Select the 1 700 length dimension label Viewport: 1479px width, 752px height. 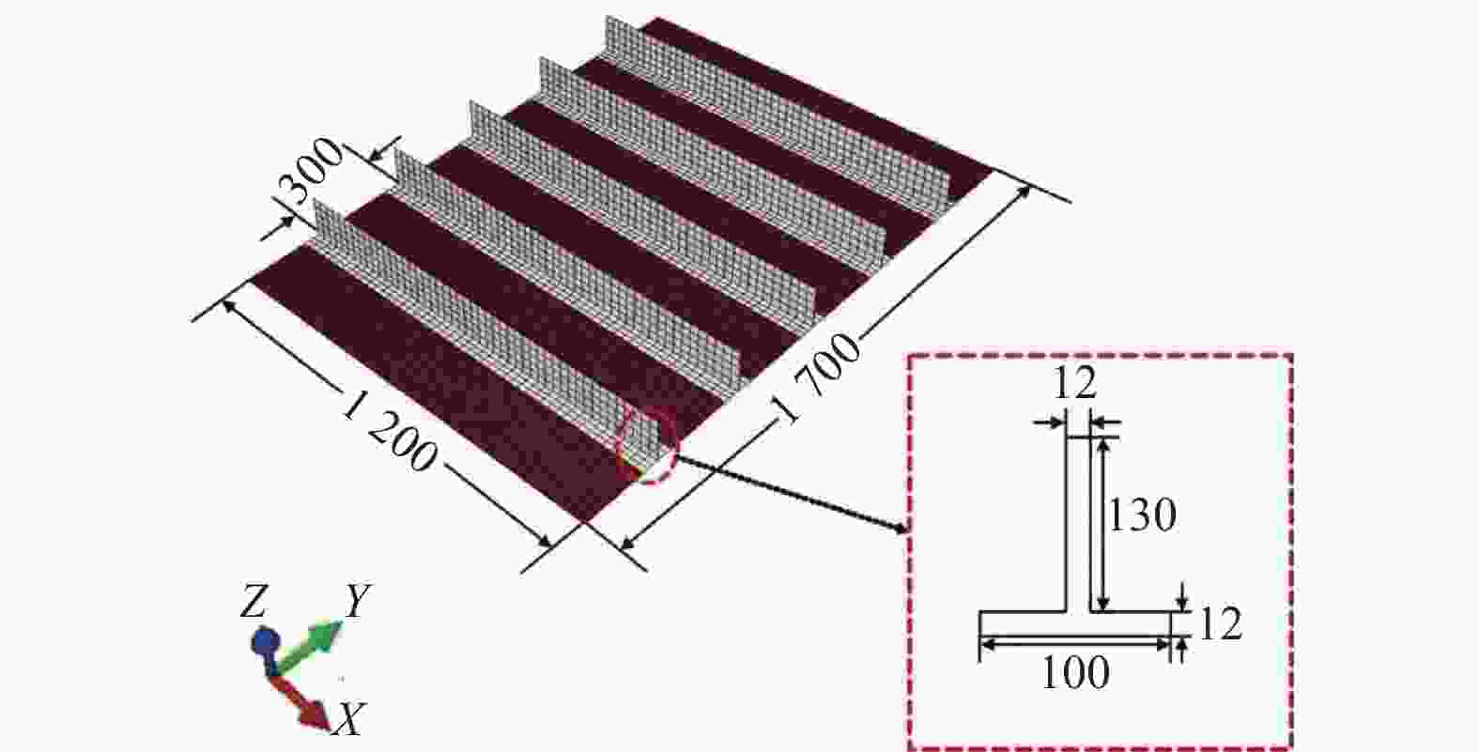[x=820, y=379]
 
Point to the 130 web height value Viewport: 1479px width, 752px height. [x=1142, y=515]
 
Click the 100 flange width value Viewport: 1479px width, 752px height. [x=1075, y=673]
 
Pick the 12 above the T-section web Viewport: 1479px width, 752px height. [x=1075, y=382]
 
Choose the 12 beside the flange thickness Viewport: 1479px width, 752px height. [x=1220, y=624]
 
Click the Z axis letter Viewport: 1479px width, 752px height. [x=253, y=602]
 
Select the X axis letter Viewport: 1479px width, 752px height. [x=349, y=718]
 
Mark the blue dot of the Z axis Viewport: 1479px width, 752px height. [x=266, y=642]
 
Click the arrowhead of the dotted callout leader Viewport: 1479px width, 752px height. [x=900, y=528]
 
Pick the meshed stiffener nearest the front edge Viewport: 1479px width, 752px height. [x=486, y=329]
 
